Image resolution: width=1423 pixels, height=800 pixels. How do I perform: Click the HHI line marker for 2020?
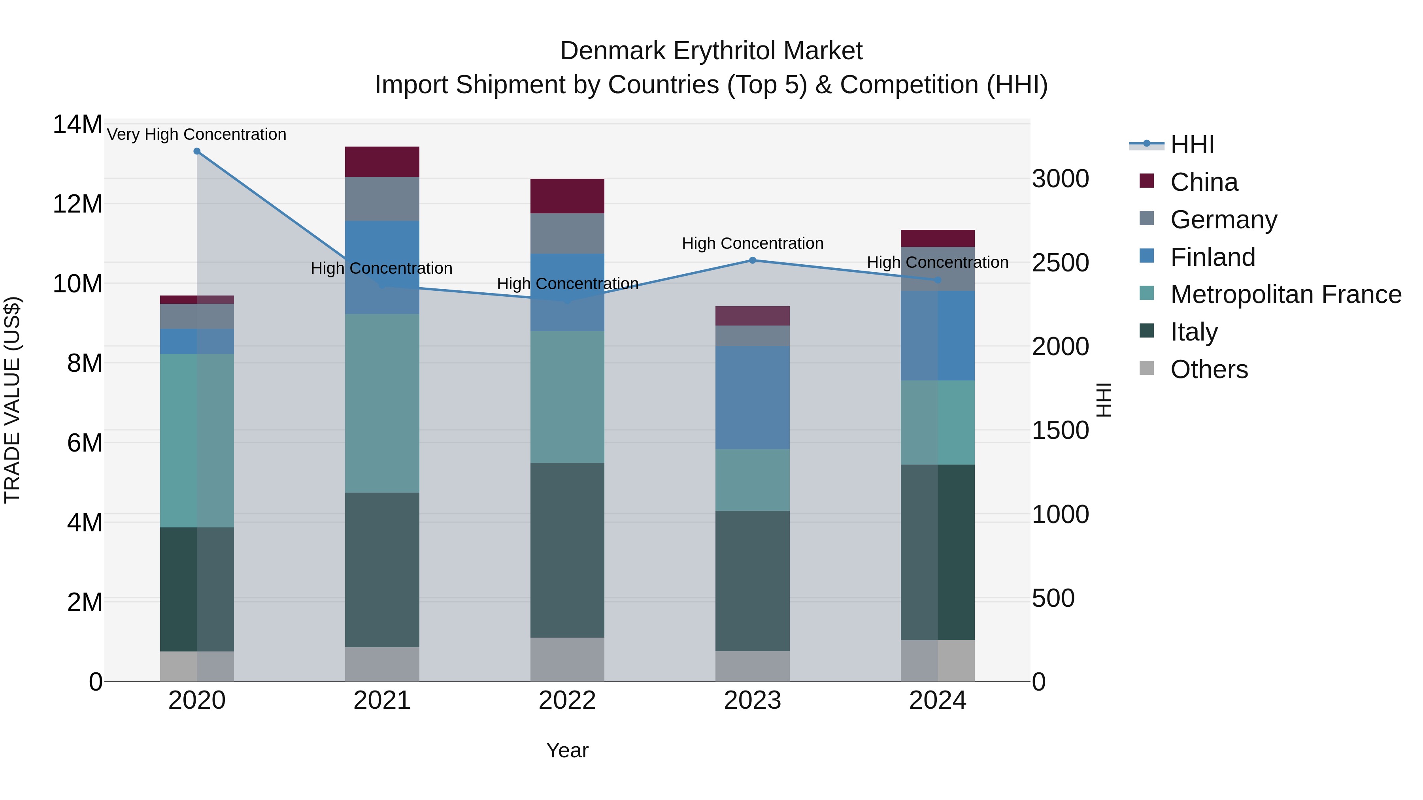(197, 151)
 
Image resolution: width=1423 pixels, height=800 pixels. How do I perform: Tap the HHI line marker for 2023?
(752, 260)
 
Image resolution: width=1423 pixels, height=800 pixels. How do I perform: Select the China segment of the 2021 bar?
(382, 162)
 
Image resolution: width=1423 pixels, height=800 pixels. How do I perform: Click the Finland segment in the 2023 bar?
(752, 397)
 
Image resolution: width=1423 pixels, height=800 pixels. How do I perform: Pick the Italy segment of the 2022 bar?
(567, 550)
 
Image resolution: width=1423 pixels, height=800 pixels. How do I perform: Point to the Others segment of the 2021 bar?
(382, 664)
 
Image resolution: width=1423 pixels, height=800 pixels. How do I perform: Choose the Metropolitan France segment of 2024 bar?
(938, 422)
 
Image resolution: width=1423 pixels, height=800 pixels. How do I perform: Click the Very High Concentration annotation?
(197, 134)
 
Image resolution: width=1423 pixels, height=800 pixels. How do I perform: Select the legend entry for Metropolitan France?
(1285, 294)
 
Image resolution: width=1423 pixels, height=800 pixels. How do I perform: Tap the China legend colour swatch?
(1147, 181)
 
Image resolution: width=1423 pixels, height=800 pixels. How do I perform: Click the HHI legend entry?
(1192, 145)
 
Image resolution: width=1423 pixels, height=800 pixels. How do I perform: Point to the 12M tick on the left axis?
(77, 204)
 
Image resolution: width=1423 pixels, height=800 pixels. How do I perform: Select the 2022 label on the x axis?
(567, 700)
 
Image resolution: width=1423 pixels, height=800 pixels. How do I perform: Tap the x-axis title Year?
(567, 750)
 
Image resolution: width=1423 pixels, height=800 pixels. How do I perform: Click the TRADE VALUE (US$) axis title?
(12, 400)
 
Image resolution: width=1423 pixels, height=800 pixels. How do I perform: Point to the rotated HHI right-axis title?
(1103, 400)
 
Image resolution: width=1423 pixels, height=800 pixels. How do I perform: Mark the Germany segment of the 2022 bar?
(567, 233)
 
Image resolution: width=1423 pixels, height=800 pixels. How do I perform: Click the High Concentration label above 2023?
(752, 243)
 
